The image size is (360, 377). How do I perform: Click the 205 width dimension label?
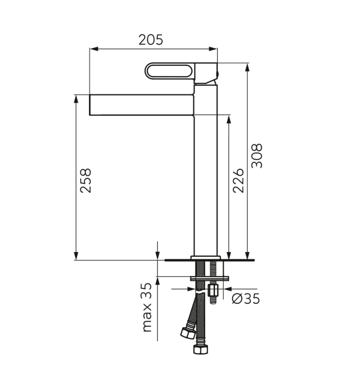pyautogui.click(x=150, y=40)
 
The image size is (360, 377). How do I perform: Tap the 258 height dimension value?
pyautogui.click(x=86, y=181)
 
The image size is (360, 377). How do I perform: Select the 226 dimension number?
pyautogui.click(x=239, y=181)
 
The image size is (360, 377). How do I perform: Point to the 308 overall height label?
pyautogui.click(x=257, y=156)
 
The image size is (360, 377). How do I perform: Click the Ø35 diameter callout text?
pyautogui.click(x=246, y=299)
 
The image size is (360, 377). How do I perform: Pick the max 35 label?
pyautogui.click(x=147, y=307)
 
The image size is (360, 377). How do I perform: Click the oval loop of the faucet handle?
pyautogui.click(x=169, y=71)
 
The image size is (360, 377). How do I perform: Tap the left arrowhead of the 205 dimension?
pyautogui.click(x=94, y=49)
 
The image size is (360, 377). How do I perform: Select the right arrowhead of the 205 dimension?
pyautogui.click(x=212, y=49)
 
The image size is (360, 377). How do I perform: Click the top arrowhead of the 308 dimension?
pyautogui.click(x=247, y=67)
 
